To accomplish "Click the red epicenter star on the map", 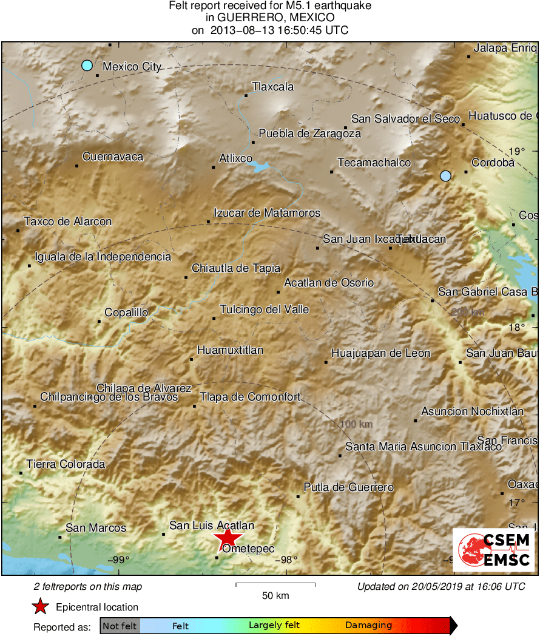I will tap(228, 538).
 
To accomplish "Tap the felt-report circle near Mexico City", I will tap(87, 65).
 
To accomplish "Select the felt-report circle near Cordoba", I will tap(446, 176).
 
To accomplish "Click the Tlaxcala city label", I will tap(272, 87).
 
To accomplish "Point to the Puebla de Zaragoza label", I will tap(309, 134).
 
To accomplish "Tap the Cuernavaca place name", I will tap(113, 157).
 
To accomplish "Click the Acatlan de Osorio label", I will tap(329, 283).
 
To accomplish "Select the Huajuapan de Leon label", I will tap(380, 353).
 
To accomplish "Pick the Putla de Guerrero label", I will tap(348, 487).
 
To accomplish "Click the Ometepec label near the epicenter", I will tap(249, 549).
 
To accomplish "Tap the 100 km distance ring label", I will tap(356, 424).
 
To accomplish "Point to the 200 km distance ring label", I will tap(469, 312).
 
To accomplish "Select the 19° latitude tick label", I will tap(517, 152).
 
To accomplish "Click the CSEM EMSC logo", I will tap(494, 549).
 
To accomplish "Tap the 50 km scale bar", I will tap(275, 585).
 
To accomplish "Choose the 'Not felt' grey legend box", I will tap(120, 626).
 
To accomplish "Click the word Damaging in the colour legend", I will tap(368, 626).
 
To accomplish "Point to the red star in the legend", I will tap(41, 606).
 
